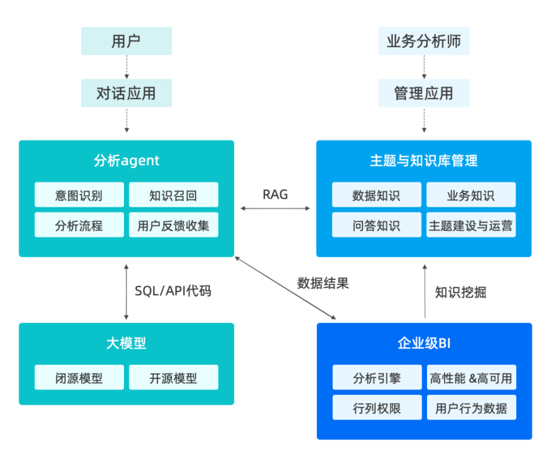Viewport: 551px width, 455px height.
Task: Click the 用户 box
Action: point(127,41)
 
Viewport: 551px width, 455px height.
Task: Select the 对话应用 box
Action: point(127,94)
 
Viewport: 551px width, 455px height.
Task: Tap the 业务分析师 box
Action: point(424,41)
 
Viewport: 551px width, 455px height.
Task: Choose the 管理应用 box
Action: point(424,94)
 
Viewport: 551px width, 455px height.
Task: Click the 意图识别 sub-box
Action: point(79,195)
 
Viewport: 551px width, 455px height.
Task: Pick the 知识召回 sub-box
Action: point(174,195)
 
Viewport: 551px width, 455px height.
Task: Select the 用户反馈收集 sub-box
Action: point(174,225)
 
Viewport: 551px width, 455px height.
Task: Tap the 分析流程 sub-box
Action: point(79,225)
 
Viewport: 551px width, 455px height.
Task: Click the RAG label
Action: point(275,195)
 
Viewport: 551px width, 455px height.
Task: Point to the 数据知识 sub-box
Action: point(376,195)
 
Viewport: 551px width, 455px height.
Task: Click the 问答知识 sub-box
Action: point(376,225)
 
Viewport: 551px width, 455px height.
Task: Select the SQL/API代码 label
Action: point(173,291)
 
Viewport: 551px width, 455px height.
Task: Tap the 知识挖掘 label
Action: point(461,292)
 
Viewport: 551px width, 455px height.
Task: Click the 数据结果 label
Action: point(323,283)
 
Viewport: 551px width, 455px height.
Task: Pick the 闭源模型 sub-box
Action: point(79,378)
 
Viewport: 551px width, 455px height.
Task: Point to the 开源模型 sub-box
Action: point(174,378)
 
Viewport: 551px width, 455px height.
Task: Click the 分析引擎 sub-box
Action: point(376,378)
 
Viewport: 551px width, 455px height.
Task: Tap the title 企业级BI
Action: point(424,344)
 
